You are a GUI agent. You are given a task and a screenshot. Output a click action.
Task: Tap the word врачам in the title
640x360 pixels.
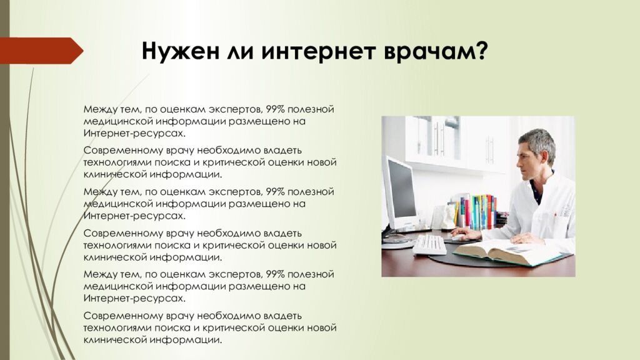[x=431, y=51]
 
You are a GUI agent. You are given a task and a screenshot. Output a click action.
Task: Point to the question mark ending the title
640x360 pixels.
[x=481, y=51]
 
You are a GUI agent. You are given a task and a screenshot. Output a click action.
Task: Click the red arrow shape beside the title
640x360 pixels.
[x=41, y=51]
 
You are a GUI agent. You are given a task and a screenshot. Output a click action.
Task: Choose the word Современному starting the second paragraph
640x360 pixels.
[x=113, y=151]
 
